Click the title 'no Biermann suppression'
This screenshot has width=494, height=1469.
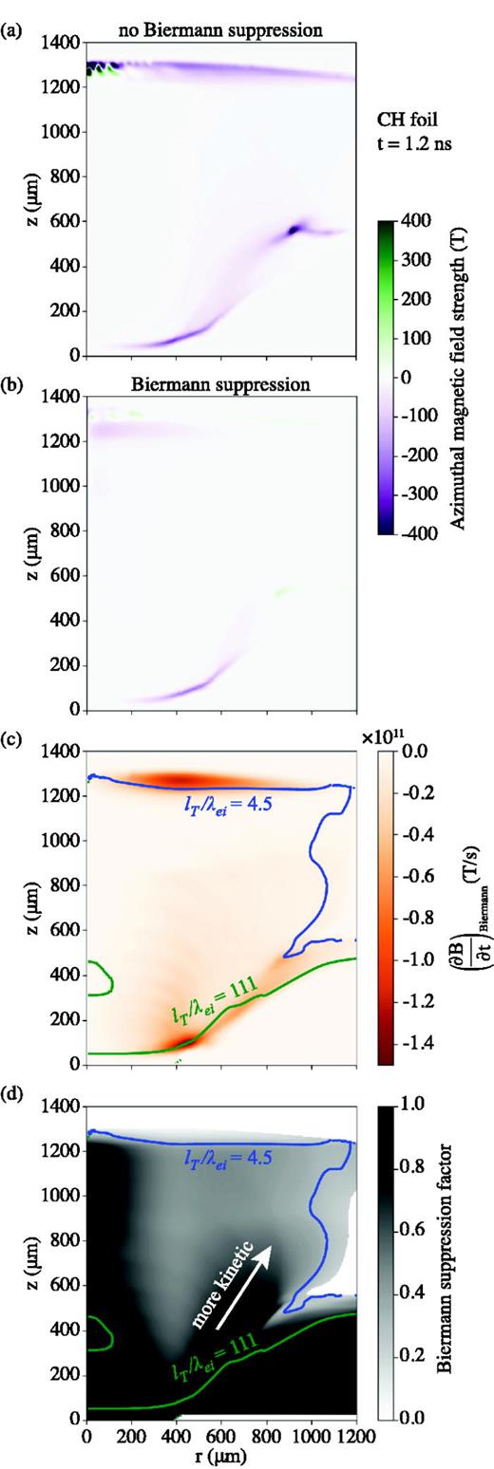[220, 30]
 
